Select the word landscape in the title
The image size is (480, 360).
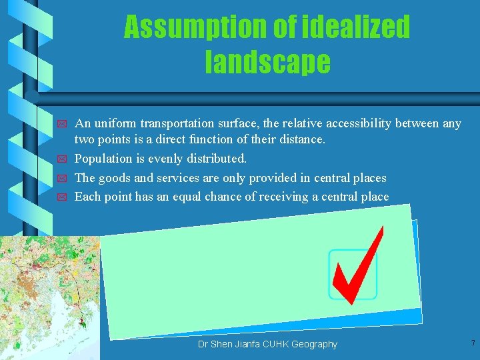[x=267, y=62]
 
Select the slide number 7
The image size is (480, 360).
[x=472, y=343]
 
